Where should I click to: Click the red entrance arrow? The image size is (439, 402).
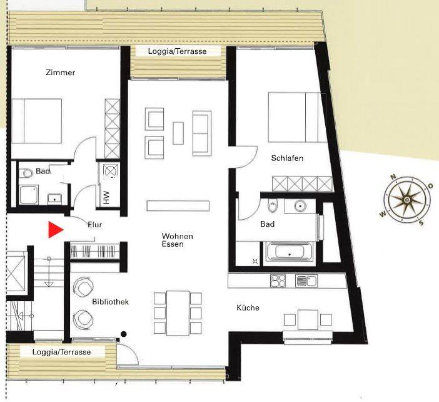[x=56, y=230]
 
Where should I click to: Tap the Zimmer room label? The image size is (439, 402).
[x=60, y=73]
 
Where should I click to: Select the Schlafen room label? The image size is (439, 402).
[x=287, y=158]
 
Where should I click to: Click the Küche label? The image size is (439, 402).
[x=248, y=307]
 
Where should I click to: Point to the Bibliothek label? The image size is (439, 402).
[x=110, y=302]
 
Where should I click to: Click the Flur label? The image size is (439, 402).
[x=95, y=224]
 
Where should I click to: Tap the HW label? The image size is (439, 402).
[x=106, y=198]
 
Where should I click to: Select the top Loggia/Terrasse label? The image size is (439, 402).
[x=177, y=51]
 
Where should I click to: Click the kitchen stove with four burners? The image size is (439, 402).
[x=278, y=281]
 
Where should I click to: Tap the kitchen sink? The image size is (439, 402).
[x=305, y=281]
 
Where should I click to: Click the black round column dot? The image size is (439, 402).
[x=124, y=333]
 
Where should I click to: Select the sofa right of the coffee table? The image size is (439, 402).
[x=201, y=133]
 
